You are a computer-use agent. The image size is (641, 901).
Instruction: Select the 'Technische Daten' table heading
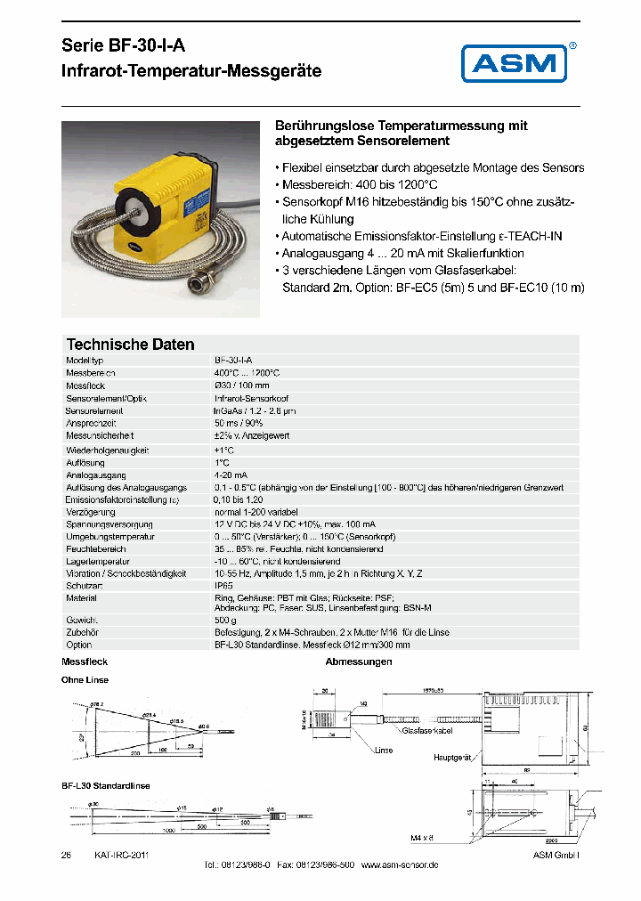pos(131,345)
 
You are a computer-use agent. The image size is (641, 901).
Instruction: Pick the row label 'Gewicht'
pos(81,619)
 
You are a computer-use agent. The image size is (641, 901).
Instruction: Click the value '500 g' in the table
pos(226,619)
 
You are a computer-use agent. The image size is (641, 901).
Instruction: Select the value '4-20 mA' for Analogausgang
pos(231,475)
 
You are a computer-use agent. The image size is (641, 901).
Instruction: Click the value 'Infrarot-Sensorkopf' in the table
pos(252,399)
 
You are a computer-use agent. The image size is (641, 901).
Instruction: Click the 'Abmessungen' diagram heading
pos(359,662)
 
